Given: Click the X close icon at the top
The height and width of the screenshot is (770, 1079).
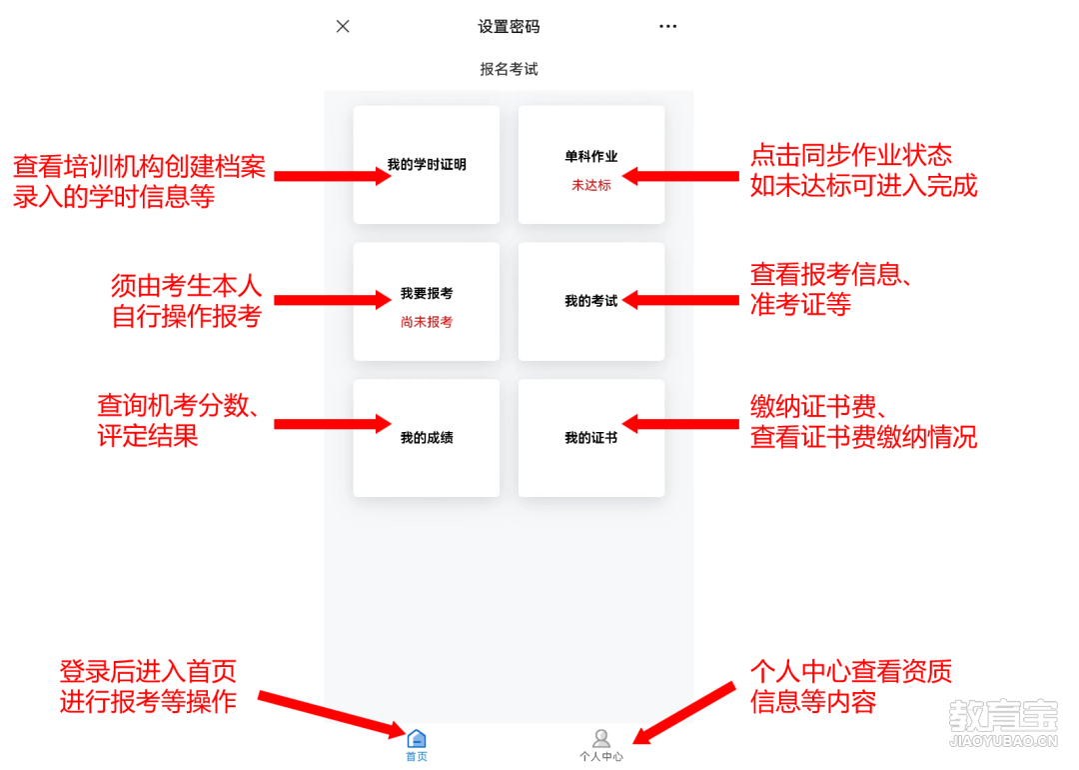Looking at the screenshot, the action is pyautogui.click(x=343, y=26).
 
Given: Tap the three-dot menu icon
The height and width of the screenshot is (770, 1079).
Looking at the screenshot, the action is pyautogui.click(x=667, y=26).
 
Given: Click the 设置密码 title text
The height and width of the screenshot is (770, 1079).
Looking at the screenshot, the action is pyautogui.click(x=510, y=27).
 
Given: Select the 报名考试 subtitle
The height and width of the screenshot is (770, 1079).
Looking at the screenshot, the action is pyautogui.click(x=510, y=69).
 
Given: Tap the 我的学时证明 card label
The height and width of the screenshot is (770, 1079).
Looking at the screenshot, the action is pyautogui.click(x=427, y=165).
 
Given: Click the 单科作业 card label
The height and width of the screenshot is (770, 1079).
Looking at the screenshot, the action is pyautogui.click(x=591, y=156).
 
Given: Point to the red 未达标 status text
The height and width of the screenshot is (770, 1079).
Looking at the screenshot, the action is pyautogui.click(x=591, y=185).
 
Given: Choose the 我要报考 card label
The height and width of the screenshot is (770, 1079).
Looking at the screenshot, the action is pyautogui.click(x=427, y=293).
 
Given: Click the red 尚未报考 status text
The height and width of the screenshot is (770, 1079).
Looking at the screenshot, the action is pyautogui.click(x=427, y=322).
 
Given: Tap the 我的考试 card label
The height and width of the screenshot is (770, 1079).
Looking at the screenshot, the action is pyautogui.click(x=591, y=301).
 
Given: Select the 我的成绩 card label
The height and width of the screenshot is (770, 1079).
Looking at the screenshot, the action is pyautogui.click(x=427, y=438).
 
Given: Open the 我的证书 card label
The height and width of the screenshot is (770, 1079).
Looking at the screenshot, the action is pyautogui.click(x=591, y=438).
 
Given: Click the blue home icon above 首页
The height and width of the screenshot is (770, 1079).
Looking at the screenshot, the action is pyautogui.click(x=417, y=739).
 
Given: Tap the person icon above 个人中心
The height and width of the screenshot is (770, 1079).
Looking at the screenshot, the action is pyautogui.click(x=601, y=738).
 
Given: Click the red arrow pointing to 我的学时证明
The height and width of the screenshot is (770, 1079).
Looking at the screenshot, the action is pyautogui.click(x=333, y=176).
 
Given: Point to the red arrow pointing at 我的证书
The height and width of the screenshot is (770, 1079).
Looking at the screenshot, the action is pyautogui.click(x=680, y=424).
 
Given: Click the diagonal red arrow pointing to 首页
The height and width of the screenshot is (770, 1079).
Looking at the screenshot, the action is pyautogui.click(x=332, y=715).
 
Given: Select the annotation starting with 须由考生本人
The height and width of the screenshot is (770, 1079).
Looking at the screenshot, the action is pyautogui.click(x=187, y=301).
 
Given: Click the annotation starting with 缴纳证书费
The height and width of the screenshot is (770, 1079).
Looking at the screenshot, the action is pyautogui.click(x=863, y=422).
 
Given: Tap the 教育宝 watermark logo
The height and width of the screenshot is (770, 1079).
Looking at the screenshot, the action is pyautogui.click(x=1003, y=723).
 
